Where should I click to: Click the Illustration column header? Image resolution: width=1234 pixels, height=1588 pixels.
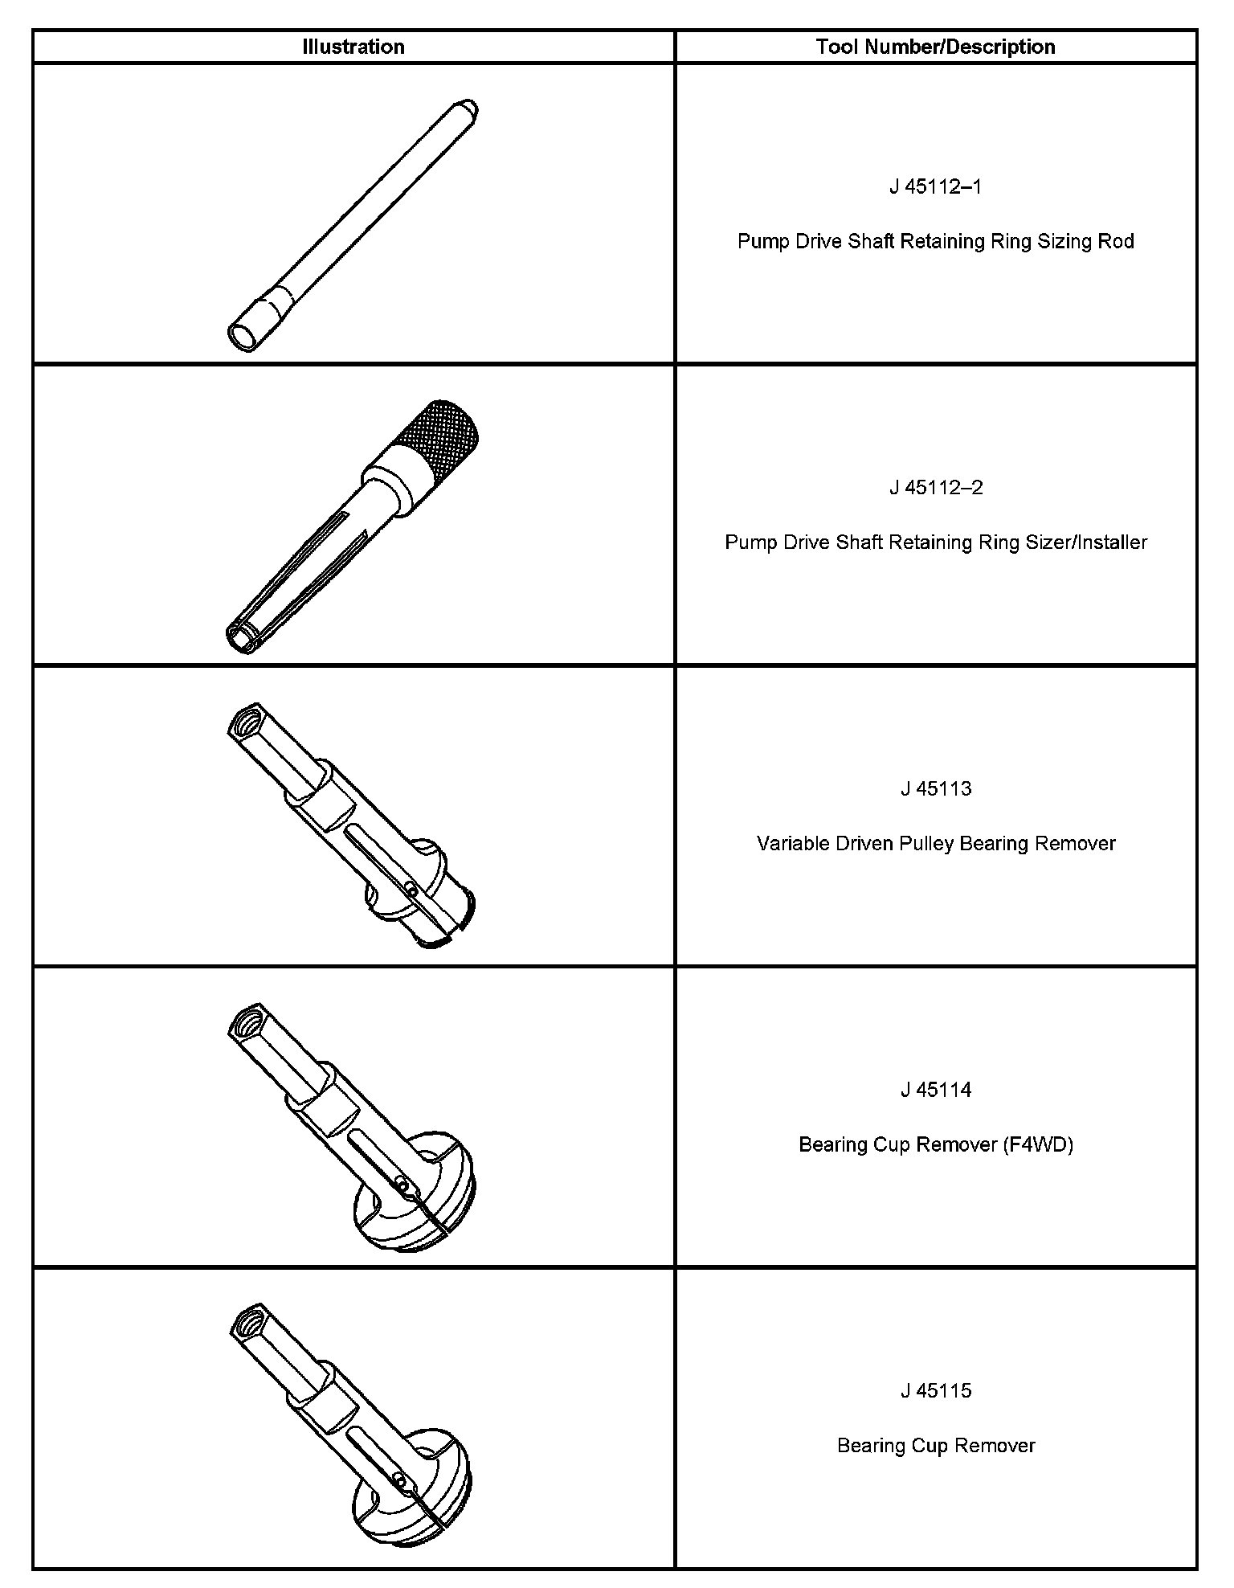pyautogui.click(x=353, y=47)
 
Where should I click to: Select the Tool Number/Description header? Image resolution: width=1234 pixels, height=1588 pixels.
pyautogui.click(x=936, y=47)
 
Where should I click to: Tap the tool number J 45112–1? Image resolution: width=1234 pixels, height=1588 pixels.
pyautogui.click(x=936, y=187)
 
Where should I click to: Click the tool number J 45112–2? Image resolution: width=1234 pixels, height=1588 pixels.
pyautogui.click(x=936, y=488)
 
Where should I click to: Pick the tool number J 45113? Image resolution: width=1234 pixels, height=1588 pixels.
pyautogui.click(x=936, y=788)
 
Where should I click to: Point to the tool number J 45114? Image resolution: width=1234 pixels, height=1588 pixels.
pyautogui.click(x=936, y=1090)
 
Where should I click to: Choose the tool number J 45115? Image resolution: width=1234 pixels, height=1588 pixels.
pyautogui.click(x=936, y=1390)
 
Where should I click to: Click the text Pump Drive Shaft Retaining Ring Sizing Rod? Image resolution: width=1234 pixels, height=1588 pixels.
pyautogui.click(x=936, y=241)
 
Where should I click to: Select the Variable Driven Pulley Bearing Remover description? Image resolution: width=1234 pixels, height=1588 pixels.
pyautogui.click(x=936, y=843)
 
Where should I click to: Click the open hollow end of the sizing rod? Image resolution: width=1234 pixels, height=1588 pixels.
pyautogui.click(x=243, y=337)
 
